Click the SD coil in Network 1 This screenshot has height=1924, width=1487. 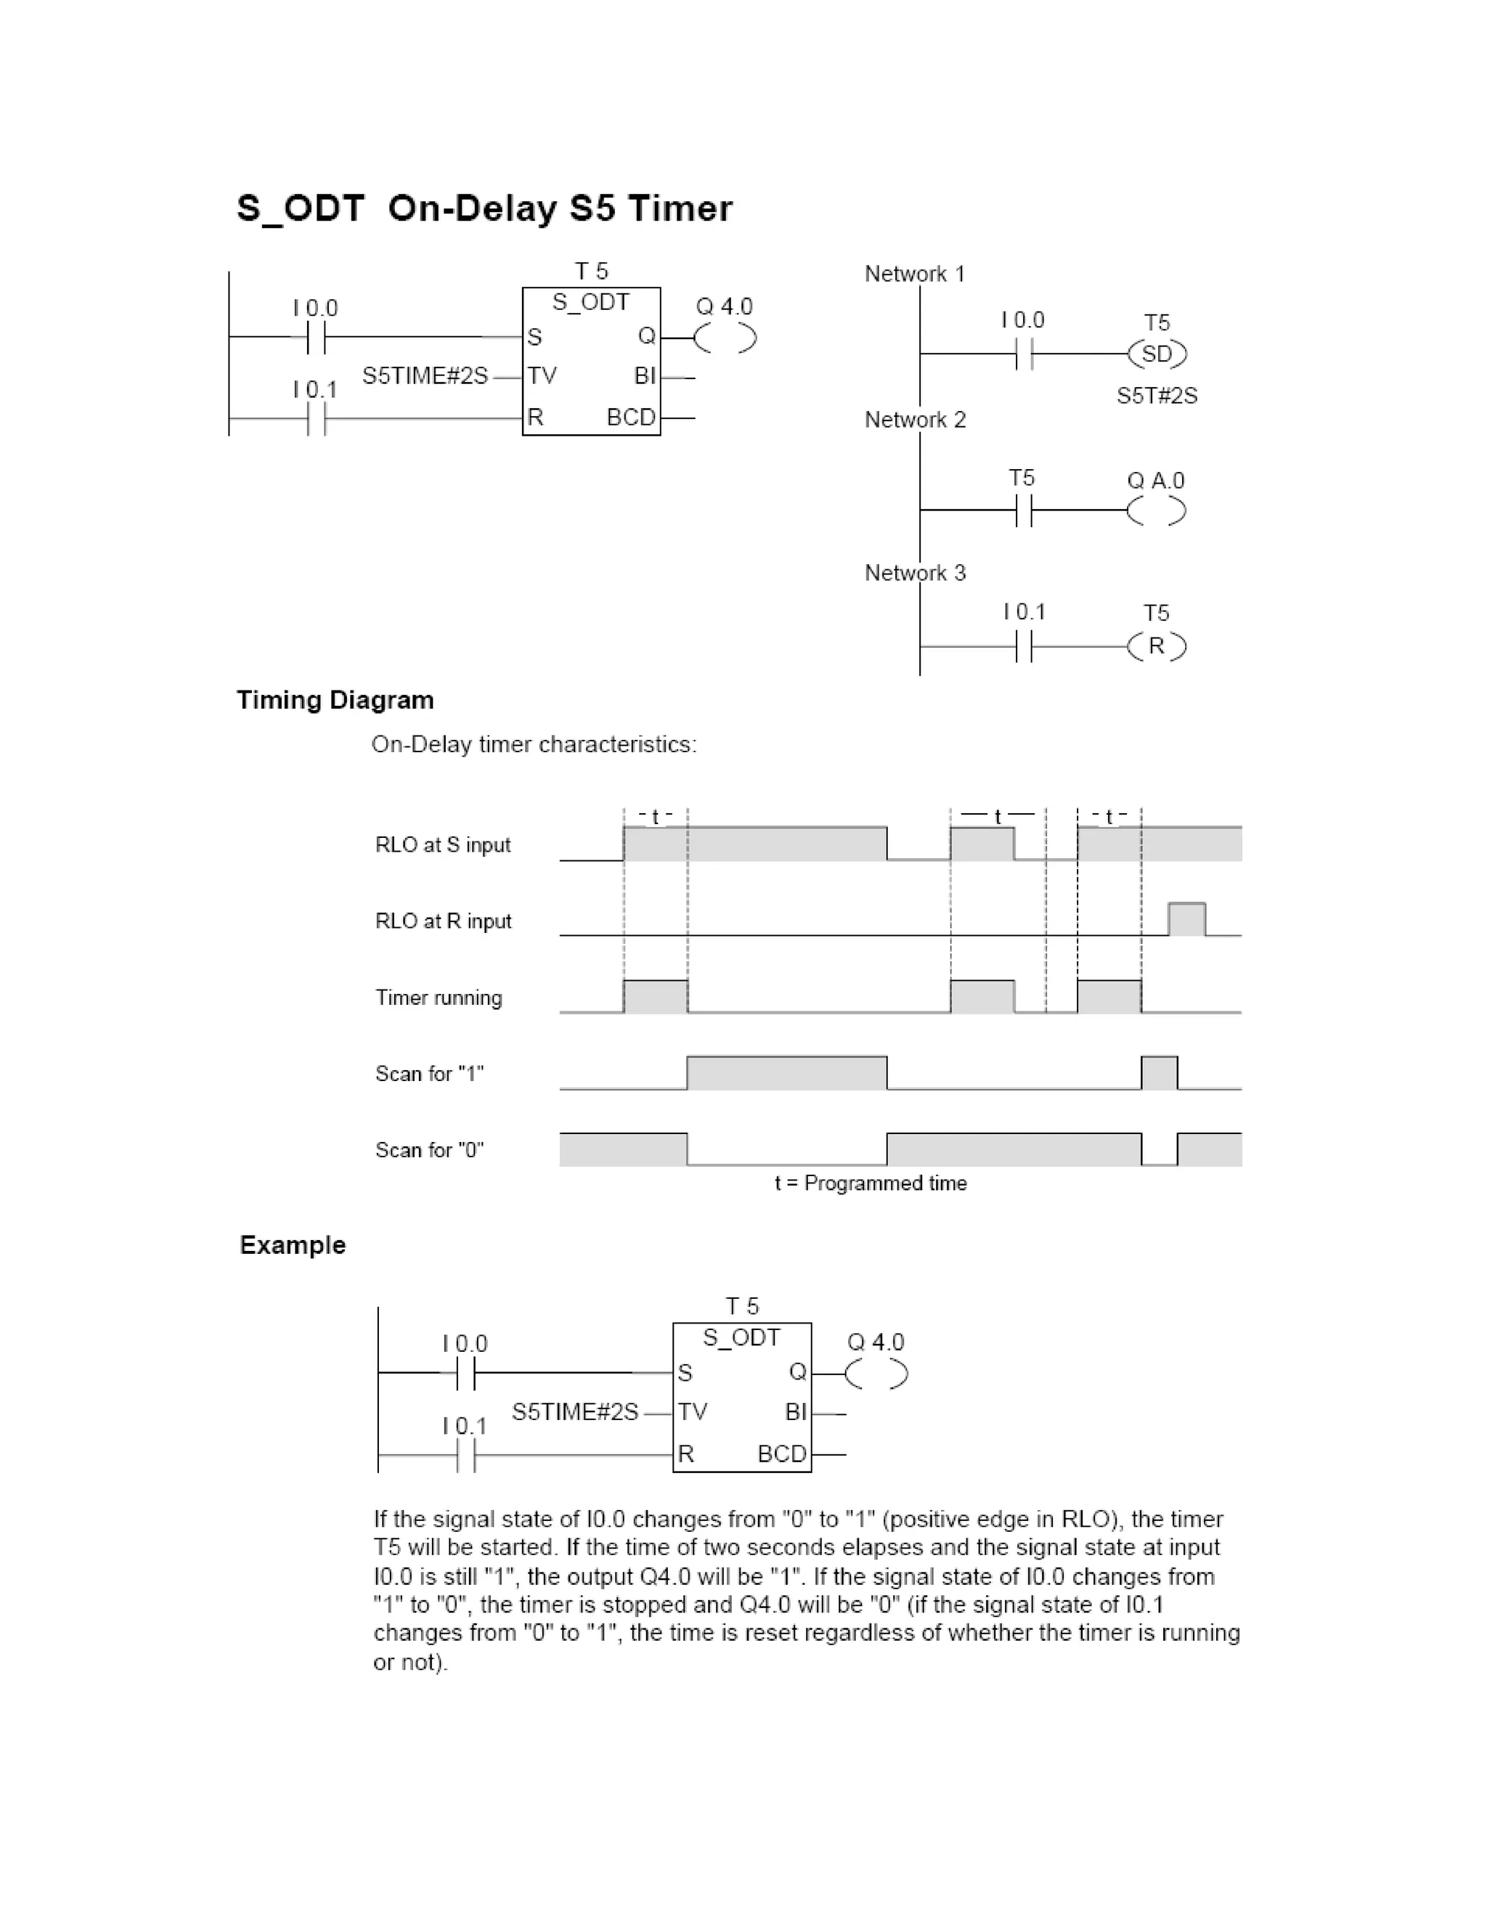1157,354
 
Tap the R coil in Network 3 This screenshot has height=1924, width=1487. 1157,647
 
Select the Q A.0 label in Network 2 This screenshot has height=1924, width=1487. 1156,481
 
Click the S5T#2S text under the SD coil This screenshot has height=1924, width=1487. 1157,396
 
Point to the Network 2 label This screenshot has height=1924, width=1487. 916,420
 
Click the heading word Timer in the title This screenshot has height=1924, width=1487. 680,209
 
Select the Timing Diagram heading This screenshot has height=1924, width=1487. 335,701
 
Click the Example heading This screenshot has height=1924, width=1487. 293,1244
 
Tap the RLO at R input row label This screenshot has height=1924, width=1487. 443,921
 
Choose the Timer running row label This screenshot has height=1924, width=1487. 439,998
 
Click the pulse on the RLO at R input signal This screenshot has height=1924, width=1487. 1186,919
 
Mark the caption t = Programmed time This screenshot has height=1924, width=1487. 871,1183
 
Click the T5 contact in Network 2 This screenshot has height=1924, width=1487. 1023,510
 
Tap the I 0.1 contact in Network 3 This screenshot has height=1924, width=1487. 1023,648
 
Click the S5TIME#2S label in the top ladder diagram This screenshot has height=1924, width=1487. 425,376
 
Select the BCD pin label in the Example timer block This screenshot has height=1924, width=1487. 781,1454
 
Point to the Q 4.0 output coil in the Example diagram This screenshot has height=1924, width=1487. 876,1374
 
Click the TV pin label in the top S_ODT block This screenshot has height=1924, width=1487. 542,376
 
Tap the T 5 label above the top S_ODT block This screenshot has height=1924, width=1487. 591,271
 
